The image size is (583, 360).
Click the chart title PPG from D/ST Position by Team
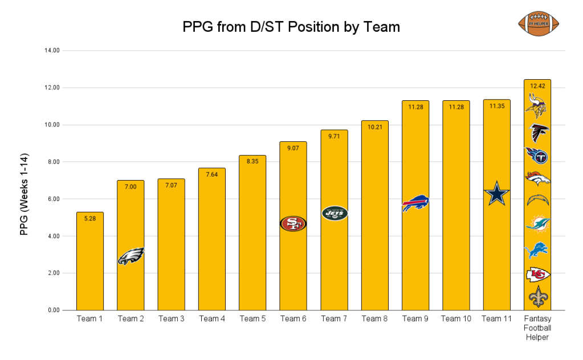(x=291, y=27)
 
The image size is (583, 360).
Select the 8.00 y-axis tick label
(x=54, y=162)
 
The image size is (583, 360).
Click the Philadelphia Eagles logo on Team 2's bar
(x=131, y=256)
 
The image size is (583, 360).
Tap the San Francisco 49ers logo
(x=293, y=223)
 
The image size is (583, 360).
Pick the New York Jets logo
(x=334, y=213)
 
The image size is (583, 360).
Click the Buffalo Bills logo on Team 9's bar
(x=415, y=203)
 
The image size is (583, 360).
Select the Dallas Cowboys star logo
(x=497, y=194)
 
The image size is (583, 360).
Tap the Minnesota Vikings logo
(x=537, y=107)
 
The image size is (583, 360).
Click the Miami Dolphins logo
(x=537, y=223)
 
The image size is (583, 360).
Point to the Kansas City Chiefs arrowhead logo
(x=537, y=275)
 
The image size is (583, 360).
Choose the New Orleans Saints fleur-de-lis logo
(x=537, y=297)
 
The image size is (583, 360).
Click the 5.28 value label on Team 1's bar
(x=89, y=218)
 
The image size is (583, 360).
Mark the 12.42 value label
(x=537, y=86)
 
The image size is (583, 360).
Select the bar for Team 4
(x=212, y=239)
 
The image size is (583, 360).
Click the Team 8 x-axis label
(x=374, y=319)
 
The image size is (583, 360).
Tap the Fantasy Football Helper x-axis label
(x=537, y=328)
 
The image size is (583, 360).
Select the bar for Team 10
(x=456, y=205)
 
